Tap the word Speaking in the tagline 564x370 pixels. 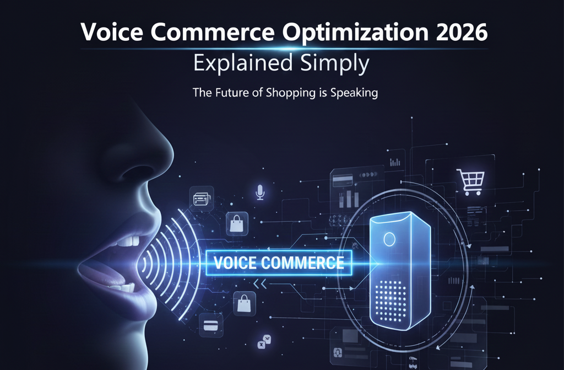point(355,93)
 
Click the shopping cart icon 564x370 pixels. point(470,182)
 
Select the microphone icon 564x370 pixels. point(259,191)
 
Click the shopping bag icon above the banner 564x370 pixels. point(236,223)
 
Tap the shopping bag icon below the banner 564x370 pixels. point(243,304)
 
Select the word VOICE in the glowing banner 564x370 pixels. point(235,262)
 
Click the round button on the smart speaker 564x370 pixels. point(389,239)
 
